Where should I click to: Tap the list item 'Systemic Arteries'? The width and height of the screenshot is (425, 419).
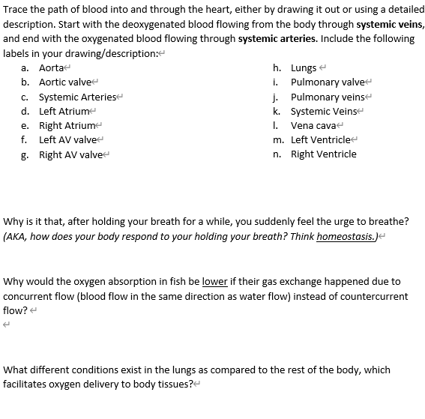tap(77, 97)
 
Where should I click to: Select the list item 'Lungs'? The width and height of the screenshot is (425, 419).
tap(304, 67)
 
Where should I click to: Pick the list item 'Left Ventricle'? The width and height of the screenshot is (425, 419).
tap(320, 139)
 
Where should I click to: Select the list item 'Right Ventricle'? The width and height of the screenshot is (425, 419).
tap(323, 154)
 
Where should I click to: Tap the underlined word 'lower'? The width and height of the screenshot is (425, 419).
tap(214, 282)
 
